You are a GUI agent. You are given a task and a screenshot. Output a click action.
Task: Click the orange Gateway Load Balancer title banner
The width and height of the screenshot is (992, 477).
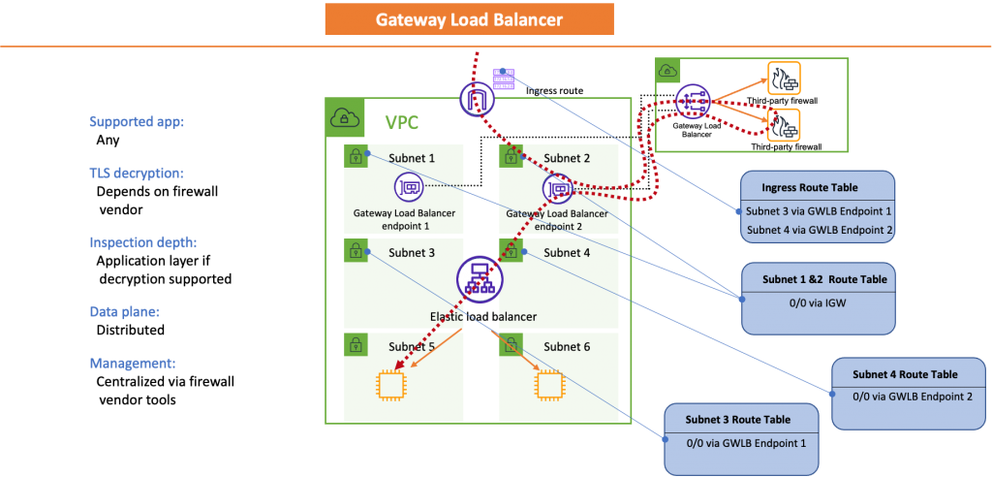(469, 19)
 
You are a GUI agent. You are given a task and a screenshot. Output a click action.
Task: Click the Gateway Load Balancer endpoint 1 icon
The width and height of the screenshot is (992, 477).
(408, 187)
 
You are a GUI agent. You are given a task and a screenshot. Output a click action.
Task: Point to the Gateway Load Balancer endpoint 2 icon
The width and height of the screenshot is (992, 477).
(558, 188)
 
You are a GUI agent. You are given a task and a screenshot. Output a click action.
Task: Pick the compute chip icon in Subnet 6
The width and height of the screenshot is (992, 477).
(547, 385)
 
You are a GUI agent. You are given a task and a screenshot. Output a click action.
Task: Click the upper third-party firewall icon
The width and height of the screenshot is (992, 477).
(784, 78)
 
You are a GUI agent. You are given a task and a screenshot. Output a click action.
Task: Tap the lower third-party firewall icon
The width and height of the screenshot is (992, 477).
(784, 125)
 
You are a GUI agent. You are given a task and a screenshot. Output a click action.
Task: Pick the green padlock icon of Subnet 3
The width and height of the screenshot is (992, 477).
(355, 250)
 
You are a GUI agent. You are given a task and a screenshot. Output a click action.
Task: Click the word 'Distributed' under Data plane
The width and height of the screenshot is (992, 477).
(131, 330)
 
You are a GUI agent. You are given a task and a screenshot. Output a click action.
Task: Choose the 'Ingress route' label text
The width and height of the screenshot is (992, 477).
(554, 90)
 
